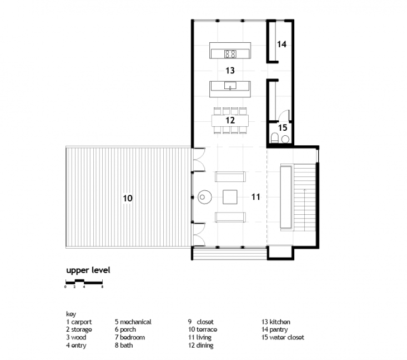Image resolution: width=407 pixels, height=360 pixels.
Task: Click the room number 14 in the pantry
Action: (282, 44)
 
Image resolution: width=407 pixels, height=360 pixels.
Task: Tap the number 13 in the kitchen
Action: (230, 71)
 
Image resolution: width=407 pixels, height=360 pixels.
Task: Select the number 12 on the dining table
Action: (230, 120)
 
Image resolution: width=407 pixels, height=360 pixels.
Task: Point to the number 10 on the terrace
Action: (128, 199)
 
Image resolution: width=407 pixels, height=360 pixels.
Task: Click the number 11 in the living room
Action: (255, 197)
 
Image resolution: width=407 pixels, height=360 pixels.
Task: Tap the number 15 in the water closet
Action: (283, 128)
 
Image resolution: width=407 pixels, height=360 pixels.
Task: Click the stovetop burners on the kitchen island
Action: (230, 54)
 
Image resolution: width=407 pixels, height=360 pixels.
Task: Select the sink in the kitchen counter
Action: (230, 85)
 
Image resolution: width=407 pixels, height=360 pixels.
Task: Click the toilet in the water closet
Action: (275, 138)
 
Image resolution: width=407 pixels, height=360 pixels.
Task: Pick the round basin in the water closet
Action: (285, 139)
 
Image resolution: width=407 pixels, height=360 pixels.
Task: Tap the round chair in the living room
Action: (204, 197)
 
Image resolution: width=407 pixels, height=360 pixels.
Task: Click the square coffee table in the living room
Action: (230, 197)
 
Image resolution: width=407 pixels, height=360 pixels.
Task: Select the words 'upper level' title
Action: (88, 270)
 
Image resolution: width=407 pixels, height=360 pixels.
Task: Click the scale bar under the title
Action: (84, 282)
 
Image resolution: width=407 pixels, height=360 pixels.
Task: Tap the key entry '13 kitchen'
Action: (275, 322)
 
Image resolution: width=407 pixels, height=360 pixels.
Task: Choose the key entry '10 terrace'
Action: (203, 329)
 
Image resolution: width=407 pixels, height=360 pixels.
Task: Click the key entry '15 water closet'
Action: (283, 337)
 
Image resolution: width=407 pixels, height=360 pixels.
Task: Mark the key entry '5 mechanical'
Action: (133, 322)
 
